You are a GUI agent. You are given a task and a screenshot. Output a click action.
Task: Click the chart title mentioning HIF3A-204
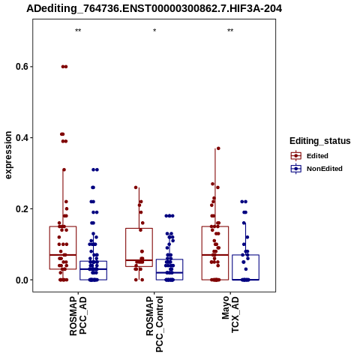[154, 9]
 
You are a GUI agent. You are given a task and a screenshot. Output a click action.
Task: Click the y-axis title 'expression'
[8, 155]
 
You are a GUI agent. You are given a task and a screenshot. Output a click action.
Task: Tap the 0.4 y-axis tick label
[21, 138]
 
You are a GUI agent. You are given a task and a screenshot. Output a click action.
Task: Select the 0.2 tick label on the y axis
[21, 208]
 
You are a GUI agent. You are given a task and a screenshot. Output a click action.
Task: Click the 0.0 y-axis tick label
[21, 280]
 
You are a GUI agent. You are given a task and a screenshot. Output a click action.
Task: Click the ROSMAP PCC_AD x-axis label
[78, 316]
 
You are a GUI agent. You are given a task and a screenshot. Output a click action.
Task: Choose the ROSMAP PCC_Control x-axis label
[154, 324]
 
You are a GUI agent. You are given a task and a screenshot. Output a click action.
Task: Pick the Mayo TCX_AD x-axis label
[230, 314]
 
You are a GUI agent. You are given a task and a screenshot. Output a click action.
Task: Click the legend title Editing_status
[320, 141]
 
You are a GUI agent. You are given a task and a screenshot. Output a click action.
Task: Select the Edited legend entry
[310, 156]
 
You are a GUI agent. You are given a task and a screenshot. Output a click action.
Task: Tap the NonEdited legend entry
[316, 169]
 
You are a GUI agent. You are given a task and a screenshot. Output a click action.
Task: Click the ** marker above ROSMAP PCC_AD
[78, 31]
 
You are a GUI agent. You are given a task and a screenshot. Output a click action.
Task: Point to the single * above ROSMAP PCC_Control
[154, 31]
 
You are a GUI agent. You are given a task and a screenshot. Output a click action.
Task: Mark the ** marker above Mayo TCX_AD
[230, 31]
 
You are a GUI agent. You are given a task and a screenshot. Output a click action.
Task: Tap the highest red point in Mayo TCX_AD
[218, 148]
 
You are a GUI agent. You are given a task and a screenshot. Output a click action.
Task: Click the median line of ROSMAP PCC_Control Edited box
[139, 260]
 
